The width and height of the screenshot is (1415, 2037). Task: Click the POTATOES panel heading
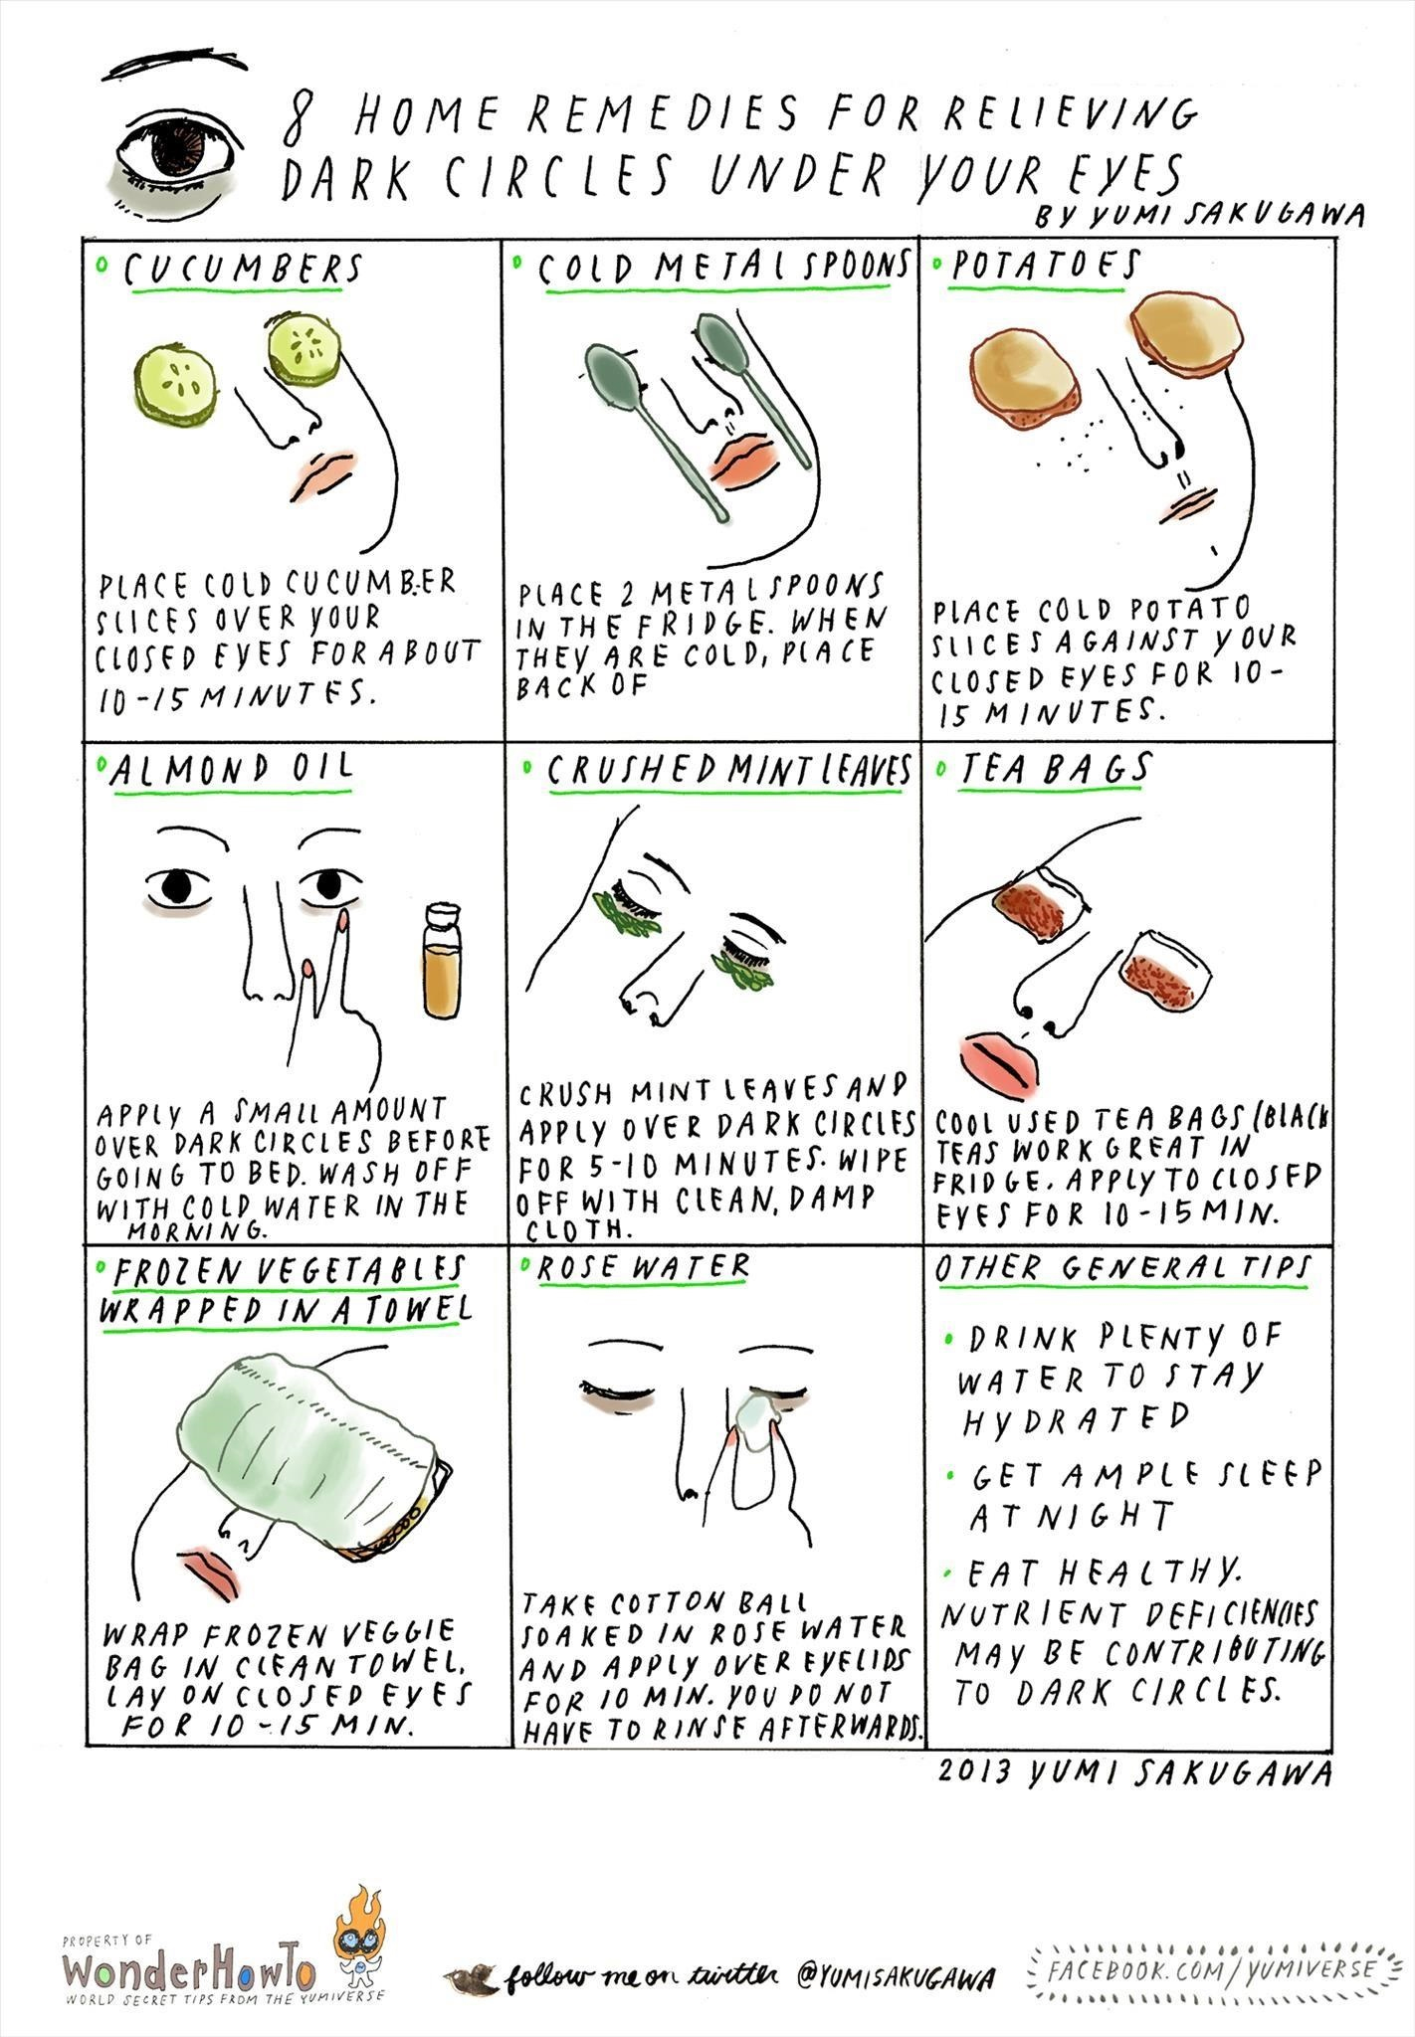[1044, 266]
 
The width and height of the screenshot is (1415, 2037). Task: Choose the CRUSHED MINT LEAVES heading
[728, 770]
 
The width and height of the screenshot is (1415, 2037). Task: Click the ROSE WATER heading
[643, 1266]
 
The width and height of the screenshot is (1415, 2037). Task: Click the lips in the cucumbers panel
[326, 474]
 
